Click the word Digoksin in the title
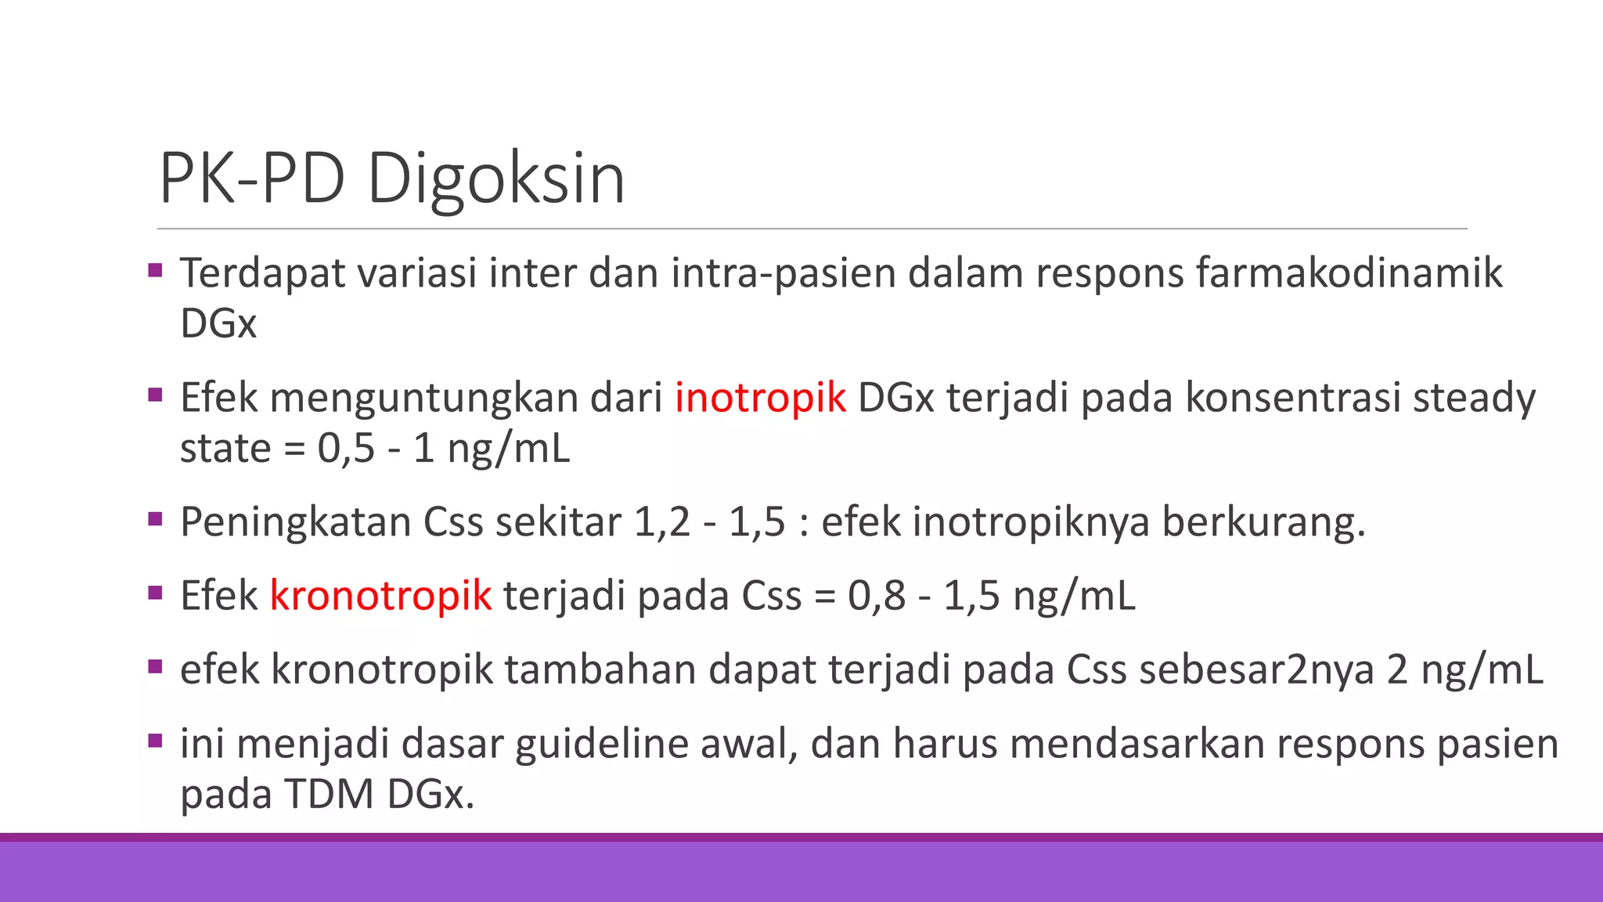coord(495,179)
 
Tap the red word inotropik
coord(760,397)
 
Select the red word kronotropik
coord(380,595)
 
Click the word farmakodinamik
coord(1349,273)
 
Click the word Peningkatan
coord(295,522)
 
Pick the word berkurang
coord(1263,522)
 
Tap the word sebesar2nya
coord(1256,669)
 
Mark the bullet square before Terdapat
coord(155,271)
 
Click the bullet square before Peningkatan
coord(155,518)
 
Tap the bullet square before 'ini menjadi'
coord(155,740)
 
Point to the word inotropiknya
coord(1031,522)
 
